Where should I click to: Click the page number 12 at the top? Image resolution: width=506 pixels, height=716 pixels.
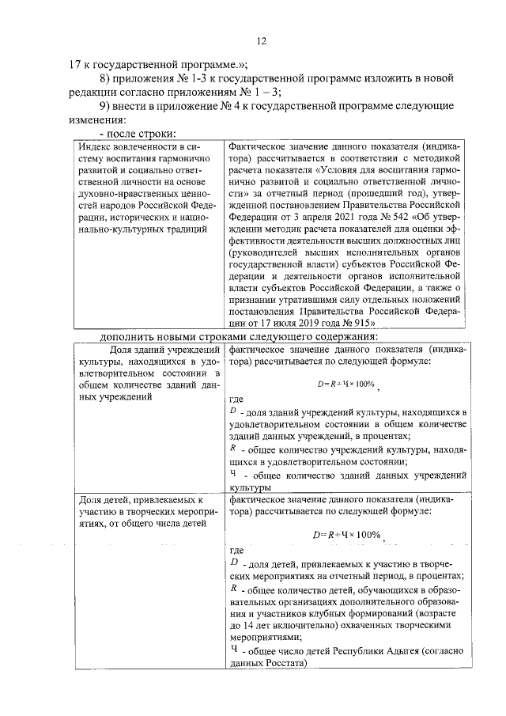coord(262,41)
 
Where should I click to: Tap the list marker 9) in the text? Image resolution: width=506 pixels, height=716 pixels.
coord(105,107)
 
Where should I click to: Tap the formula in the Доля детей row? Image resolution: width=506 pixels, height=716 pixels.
coord(348,535)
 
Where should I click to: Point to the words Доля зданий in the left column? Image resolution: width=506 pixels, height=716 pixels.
coord(144,350)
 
